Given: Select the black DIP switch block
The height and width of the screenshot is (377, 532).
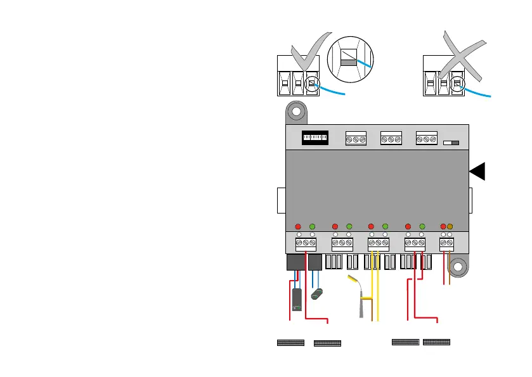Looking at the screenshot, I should [x=315, y=137].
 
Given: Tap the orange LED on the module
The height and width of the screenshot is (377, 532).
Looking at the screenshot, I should [x=450, y=227].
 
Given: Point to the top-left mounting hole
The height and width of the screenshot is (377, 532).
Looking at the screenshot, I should [x=294, y=113].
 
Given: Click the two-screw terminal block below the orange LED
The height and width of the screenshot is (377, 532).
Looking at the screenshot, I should [x=447, y=243].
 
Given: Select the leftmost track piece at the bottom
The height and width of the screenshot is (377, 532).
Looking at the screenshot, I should [x=291, y=343].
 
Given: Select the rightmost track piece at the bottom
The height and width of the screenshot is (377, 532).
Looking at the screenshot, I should [x=436, y=342].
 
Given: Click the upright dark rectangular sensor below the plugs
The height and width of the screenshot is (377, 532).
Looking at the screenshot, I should [x=296, y=300].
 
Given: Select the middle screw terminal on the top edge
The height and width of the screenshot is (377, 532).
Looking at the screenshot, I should [x=390, y=139].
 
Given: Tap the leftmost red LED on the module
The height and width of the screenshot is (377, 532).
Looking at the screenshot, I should [x=299, y=227].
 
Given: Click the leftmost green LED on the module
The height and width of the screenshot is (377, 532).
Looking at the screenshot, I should [x=312, y=227].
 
